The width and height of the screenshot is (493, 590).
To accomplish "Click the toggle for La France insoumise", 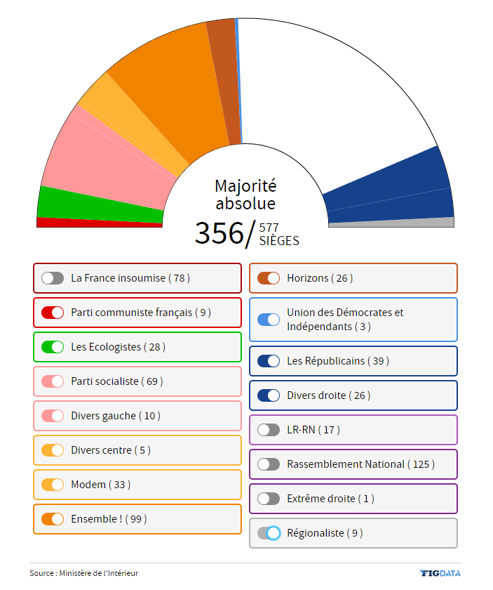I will (53, 278).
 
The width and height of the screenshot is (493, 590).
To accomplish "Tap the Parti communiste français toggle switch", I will (53, 313).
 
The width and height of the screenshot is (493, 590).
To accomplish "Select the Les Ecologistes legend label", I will (118, 347).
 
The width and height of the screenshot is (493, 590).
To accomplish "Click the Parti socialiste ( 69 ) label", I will (115, 381).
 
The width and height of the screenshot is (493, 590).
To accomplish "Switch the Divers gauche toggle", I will (53, 416).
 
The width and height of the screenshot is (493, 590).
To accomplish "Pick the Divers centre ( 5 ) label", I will (110, 450).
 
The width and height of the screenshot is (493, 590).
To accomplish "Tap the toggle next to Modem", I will (53, 485).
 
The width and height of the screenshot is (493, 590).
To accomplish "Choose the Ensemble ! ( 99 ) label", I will (109, 519).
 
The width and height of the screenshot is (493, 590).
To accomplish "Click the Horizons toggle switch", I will (269, 278).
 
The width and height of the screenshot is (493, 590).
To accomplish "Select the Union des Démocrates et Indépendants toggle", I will (269, 320).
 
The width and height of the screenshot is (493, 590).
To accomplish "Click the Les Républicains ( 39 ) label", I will (337, 361).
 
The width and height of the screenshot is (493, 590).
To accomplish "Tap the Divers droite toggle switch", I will (269, 395).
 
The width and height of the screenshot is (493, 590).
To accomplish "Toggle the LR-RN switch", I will (269, 430).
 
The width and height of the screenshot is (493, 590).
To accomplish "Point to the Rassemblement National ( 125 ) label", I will (360, 464).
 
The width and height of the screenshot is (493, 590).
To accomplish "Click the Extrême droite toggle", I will (269, 499).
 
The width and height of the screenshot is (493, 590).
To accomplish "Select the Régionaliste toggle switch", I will (269, 533).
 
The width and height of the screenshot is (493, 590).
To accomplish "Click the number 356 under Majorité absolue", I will (219, 233).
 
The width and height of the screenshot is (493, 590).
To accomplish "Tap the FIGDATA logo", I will (440, 573).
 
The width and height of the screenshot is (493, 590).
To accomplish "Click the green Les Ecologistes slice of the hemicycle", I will (98, 204).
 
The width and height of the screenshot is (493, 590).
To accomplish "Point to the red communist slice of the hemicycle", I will (98, 223).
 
